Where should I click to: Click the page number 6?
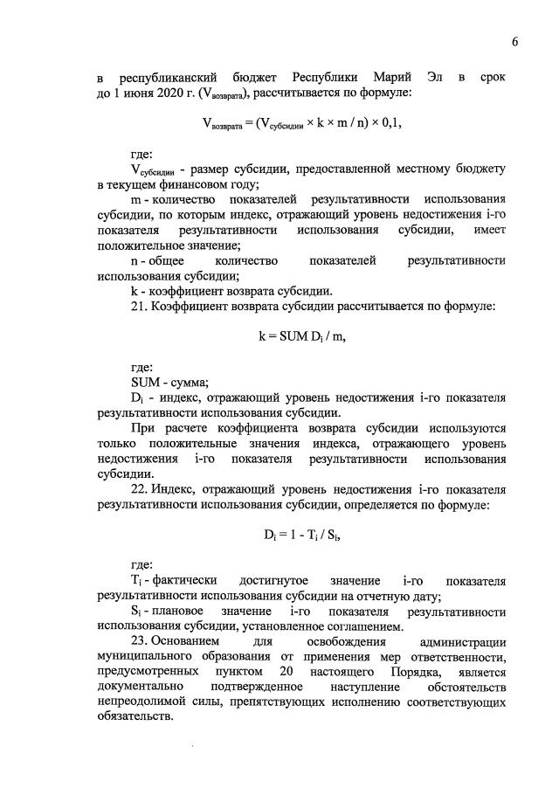(515, 41)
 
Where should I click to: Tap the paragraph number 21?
(138, 307)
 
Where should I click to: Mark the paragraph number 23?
(138, 642)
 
